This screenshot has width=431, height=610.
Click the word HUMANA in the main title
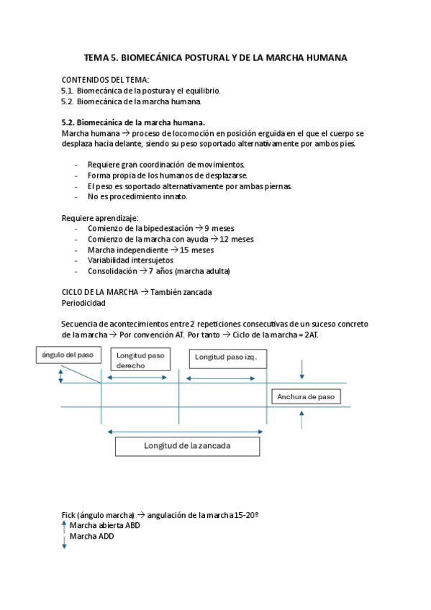pos(323,57)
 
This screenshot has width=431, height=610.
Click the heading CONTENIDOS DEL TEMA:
pos(105,79)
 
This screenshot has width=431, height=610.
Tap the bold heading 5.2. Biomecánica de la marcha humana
pos(133,123)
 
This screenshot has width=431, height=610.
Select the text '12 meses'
pos(237,239)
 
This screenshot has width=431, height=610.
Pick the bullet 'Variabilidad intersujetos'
pos(130,260)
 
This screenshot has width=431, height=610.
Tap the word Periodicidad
pos(84,303)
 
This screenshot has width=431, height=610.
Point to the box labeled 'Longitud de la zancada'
pos(187,446)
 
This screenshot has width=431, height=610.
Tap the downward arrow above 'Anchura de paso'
pos(302,368)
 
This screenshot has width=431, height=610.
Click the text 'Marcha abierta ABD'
pos(105,525)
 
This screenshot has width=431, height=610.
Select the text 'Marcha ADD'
pos(91,536)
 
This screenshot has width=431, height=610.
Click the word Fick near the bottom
pos(69,514)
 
